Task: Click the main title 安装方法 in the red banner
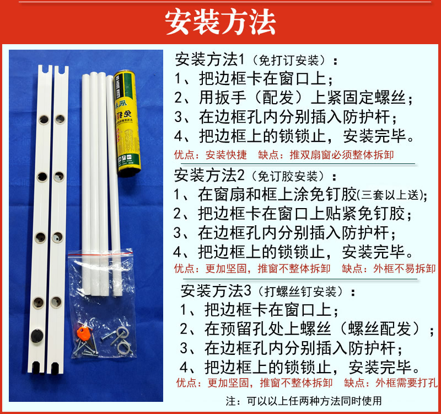pos(220,22)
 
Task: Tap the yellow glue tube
pos(127,123)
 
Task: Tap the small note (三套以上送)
pos(391,195)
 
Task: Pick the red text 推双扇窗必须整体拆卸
pos(341,155)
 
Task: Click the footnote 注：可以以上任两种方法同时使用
pos(304,401)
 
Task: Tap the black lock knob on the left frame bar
pos(36,336)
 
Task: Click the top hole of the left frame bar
pos(44,119)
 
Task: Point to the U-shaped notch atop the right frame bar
pos(61,70)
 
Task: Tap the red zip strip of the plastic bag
pos(100,254)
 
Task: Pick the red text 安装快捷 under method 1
pos(226,155)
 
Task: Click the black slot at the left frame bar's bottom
pos(36,367)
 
